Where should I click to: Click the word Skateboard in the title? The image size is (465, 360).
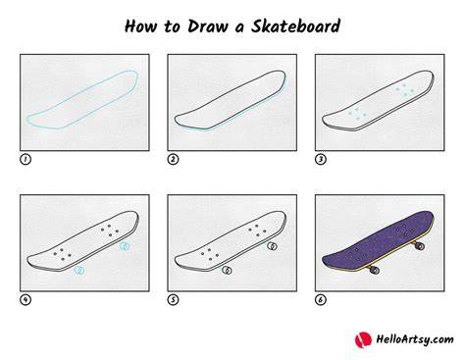point(295,26)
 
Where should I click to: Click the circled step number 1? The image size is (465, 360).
point(26,159)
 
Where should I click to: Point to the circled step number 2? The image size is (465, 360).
point(173,159)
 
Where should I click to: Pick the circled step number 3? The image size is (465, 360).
point(321,159)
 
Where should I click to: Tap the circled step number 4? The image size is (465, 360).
point(26,299)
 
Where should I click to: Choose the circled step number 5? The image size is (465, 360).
point(173,299)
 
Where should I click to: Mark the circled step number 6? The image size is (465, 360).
point(321,299)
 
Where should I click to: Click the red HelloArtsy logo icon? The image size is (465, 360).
point(363,339)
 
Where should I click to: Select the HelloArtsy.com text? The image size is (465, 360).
point(415,339)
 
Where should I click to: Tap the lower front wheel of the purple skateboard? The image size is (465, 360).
point(374,270)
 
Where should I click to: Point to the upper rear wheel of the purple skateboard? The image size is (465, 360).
point(419,245)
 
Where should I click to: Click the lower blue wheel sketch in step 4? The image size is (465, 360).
point(79,271)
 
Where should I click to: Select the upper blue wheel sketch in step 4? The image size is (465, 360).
point(125,246)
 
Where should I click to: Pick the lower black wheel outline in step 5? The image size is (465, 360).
point(228,270)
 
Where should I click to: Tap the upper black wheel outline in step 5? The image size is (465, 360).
point(272,246)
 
